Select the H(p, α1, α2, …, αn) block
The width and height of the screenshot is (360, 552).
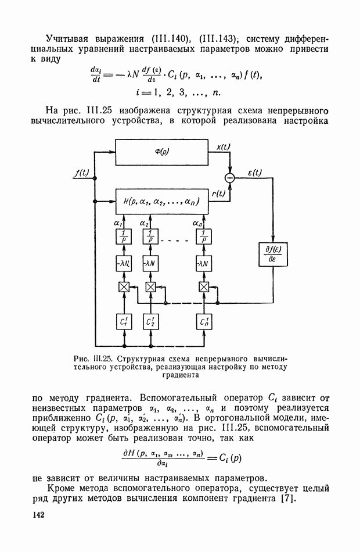pyautogui.click(x=162, y=202)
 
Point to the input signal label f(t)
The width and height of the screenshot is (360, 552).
pyautogui.click(x=81, y=173)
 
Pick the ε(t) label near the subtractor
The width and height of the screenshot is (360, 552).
pyautogui.click(x=254, y=172)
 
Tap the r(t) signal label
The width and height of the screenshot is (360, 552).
pyautogui.click(x=218, y=194)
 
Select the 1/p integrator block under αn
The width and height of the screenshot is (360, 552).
pyautogui.click(x=204, y=236)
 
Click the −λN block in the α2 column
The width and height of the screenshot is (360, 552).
pyautogui.click(x=150, y=263)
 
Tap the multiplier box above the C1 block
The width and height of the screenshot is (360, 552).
pyautogui.click(x=123, y=287)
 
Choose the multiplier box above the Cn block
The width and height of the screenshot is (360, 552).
pyautogui.click(x=204, y=287)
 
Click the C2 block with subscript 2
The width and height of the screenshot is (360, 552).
pyautogui.click(x=150, y=321)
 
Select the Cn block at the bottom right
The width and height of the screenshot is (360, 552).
pyautogui.click(x=204, y=321)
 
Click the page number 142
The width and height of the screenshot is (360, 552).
pyautogui.click(x=38, y=515)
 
